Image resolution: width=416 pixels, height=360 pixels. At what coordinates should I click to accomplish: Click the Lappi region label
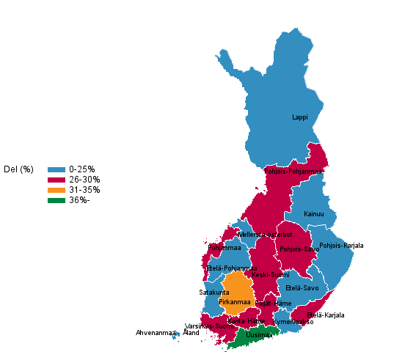tap(299, 117)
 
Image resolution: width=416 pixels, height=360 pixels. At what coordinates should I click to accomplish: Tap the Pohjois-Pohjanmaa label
tap(293, 172)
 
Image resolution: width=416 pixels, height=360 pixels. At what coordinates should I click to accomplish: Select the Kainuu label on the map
tap(313, 214)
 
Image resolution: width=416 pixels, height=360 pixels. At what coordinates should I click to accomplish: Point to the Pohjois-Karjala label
tap(341, 246)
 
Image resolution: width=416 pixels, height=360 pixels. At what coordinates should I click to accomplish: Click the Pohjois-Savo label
tap(299, 249)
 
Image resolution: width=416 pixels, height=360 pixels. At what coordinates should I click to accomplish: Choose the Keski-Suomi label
tap(270, 275)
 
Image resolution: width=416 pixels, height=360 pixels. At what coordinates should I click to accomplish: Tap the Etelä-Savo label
tap(302, 288)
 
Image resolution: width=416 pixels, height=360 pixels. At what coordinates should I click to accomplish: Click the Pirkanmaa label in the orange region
tap(235, 302)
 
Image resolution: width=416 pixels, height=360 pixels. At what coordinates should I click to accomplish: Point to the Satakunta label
tap(214, 293)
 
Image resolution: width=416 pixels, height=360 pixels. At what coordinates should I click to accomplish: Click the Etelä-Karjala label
tap(325, 315)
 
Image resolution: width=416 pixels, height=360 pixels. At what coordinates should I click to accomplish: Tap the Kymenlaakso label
tap(293, 322)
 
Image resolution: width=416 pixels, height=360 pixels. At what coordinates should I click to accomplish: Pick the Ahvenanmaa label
tap(156, 333)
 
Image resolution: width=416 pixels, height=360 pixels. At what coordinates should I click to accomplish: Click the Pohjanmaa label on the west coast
tap(225, 248)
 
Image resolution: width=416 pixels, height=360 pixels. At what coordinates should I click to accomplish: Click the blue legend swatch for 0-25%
tap(56, 169)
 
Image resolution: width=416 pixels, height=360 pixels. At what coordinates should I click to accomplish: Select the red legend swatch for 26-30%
tap(56, 180)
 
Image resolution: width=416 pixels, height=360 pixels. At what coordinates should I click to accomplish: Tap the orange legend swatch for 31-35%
tap(56, 190)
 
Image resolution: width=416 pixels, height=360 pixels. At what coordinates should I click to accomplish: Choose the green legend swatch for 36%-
tap(56, 200)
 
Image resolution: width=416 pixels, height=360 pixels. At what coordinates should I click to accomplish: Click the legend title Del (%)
tap(18, 169)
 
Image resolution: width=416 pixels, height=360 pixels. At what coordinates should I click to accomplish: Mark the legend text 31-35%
tap(84, 190)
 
